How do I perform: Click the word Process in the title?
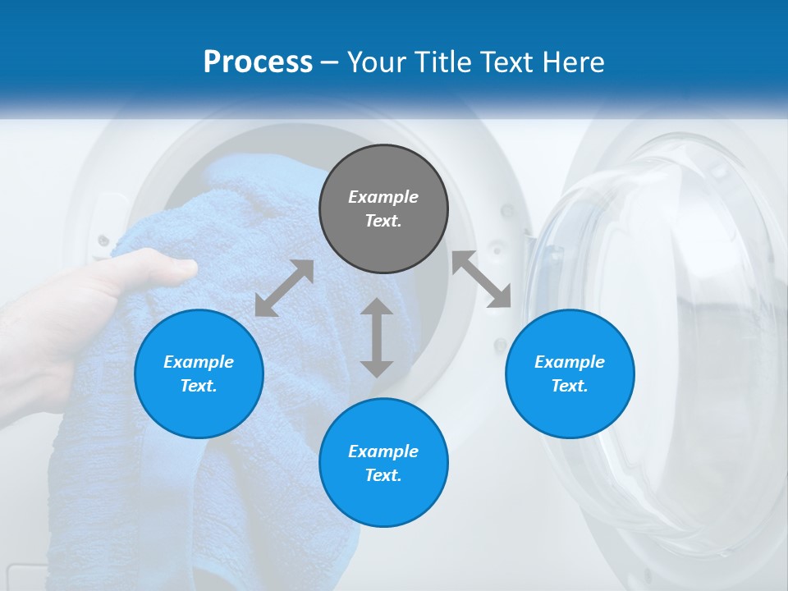258,62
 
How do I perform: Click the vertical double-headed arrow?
377,337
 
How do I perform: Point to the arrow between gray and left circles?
284,288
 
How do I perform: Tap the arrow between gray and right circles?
482,279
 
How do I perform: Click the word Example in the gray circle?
383,197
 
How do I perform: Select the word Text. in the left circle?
199,386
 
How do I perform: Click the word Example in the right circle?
570,362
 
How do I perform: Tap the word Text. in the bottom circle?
383,475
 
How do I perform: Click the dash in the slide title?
329,63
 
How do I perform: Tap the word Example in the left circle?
199,362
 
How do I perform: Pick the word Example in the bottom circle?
383,451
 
